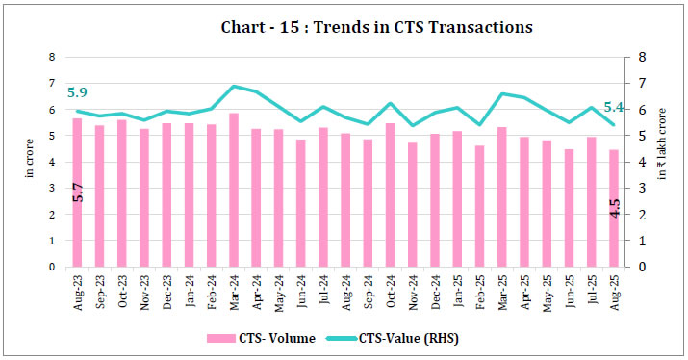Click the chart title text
coord(344,27)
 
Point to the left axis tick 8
coord(54,57)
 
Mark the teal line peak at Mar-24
coord(234,86)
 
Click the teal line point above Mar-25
coord(502,93)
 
